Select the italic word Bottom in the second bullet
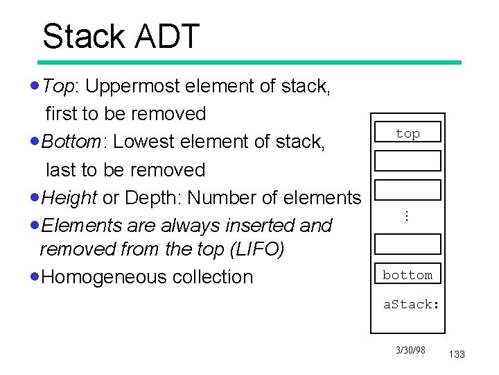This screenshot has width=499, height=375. click(71, 142)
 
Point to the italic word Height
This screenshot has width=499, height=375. click(69, 198)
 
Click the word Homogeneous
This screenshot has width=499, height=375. click(100, 276)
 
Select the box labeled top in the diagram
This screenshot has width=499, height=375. click(408, 133)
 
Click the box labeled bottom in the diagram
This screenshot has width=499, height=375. click(408, 274)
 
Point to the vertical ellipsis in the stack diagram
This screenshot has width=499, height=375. click(407, 217)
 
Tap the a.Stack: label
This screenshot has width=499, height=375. click(412, 303)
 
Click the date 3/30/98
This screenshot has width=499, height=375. click(410, 350)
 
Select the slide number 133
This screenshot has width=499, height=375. click(457, 355)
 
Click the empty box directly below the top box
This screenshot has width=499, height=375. click(408, 160)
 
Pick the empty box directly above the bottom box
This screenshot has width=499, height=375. click(408, 244)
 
